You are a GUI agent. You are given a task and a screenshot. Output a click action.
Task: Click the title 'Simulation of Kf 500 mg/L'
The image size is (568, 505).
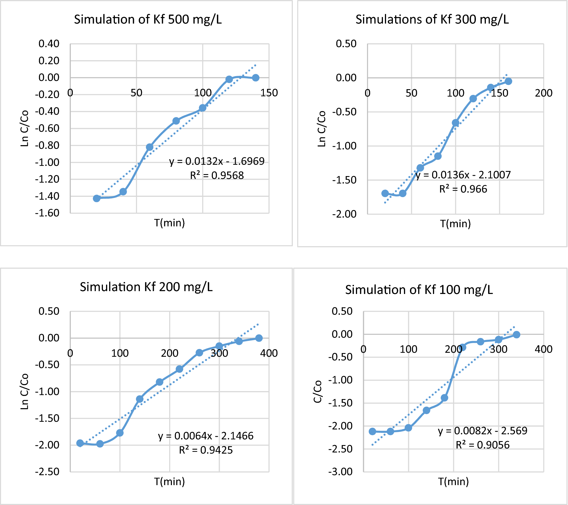(x=148, y=20)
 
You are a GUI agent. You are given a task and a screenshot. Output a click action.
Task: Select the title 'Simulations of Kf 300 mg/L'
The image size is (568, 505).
(x=432, y=20)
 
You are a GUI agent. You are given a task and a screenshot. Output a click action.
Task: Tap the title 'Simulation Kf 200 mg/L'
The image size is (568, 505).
(x=146, y=287)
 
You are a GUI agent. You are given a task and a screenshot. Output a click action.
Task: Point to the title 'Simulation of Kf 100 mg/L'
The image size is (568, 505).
(x=419, y=290)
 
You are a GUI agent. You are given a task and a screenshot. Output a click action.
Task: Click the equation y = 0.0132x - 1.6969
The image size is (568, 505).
(x=217, y=161)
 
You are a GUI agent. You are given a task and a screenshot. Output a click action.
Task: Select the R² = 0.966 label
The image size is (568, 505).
(x=463, y=189)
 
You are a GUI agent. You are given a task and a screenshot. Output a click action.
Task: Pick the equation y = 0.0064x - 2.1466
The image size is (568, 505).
(x=206, y=436)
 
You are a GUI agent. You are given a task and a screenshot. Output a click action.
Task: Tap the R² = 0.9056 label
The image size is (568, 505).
(x=482, y=445)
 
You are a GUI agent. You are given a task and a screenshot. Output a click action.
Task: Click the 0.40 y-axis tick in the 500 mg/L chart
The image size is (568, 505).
(x=49, y=44)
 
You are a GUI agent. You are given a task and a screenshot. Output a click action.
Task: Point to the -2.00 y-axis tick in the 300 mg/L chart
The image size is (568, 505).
(x=344, y=214)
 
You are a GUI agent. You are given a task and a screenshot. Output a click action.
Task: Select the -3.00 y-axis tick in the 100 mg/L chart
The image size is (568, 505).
(x=340, y=472)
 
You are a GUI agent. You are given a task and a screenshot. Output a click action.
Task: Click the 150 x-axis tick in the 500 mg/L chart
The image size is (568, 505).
(x=269, y=93)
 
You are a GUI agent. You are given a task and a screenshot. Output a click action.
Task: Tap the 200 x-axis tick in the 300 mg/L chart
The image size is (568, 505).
(x=544, y=93)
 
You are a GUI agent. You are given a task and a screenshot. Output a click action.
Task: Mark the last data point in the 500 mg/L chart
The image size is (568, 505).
(x=256, y=78)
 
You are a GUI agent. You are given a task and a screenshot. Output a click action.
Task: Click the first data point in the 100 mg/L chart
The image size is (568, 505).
(x=372, y=431)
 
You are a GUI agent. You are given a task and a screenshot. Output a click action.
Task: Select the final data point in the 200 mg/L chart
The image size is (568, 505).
(x=259, y=338)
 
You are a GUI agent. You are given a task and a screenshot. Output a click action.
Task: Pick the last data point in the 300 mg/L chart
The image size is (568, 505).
(x=508, y=81)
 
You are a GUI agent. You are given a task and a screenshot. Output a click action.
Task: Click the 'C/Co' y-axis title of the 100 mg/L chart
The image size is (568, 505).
(x=318, y=391)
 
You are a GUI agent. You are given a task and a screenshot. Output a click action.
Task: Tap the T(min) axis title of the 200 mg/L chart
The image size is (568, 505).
(x=169, y=482)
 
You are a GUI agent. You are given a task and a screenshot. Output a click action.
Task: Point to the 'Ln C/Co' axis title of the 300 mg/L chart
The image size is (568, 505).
(x=321, y=129)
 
